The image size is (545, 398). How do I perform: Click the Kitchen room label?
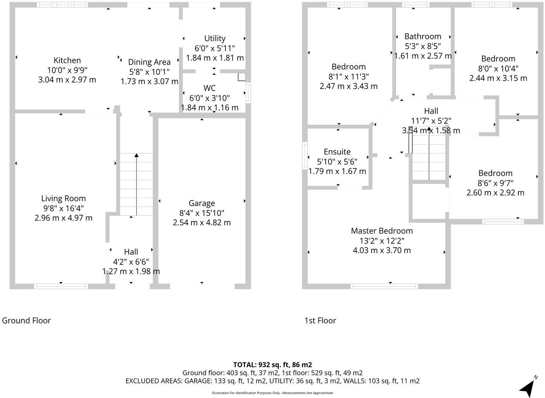point(67,60)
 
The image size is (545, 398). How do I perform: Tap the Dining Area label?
point(149,62)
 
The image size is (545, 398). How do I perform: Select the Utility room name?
point(215,38)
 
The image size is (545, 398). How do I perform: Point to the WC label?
point(209,88)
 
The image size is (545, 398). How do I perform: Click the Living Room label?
point(63,199)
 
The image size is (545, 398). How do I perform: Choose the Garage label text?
point(202,203)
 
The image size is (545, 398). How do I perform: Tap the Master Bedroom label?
point(382,231)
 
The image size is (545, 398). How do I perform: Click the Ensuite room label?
point(337,152)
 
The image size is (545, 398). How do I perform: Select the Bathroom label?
point(423,36)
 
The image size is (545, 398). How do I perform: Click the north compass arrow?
point(528,387)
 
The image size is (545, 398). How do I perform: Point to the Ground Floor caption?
point(27,320)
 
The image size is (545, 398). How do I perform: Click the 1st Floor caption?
point(320,320)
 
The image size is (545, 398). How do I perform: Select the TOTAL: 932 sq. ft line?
point(272,365)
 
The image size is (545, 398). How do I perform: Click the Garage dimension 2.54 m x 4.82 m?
point(202,223)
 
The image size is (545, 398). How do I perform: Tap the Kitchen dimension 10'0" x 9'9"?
point(67,70)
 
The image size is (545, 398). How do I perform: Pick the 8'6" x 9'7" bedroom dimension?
point(495,183)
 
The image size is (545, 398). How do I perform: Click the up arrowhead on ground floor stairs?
point(136,156)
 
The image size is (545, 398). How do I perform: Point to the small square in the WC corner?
point(242,77)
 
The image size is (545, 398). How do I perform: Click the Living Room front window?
point(61,286)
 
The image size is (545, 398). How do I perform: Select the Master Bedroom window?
point(384,286)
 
